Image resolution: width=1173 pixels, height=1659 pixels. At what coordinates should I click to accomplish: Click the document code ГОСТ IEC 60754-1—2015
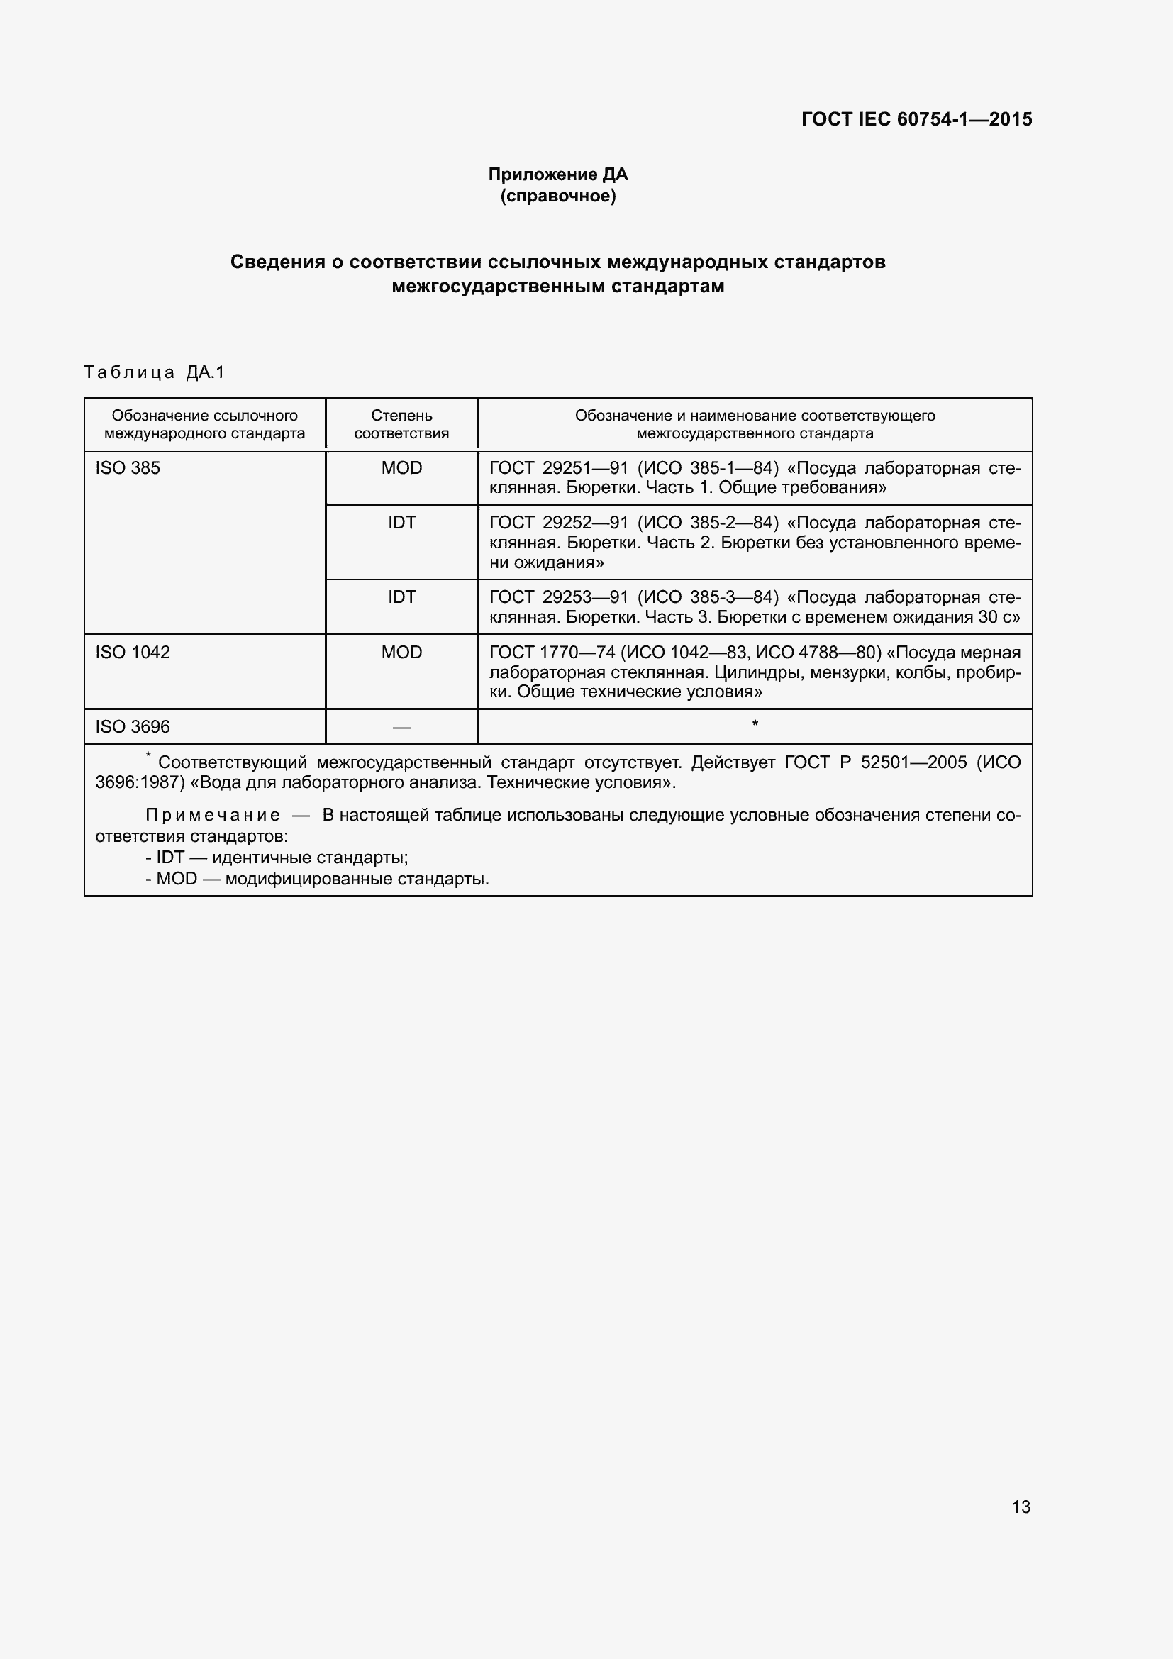point(916,119)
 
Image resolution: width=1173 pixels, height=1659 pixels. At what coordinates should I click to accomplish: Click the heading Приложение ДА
point(557,174)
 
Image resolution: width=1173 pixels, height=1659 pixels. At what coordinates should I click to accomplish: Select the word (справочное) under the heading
point(557,196)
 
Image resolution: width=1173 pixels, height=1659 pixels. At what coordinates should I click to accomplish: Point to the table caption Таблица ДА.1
point(155,372)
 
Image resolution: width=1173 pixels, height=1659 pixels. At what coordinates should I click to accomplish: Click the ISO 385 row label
point(128,468)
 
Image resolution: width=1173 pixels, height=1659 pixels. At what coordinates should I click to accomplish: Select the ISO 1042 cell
point(133,653)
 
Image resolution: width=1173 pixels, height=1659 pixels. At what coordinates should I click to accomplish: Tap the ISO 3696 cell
point(133,727)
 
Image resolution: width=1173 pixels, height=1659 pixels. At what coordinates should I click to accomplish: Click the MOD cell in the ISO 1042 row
point(401,653)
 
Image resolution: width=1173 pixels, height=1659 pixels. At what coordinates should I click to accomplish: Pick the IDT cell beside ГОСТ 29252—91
point(401,523)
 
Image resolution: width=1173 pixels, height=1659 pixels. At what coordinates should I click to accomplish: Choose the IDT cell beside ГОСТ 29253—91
point(401,597)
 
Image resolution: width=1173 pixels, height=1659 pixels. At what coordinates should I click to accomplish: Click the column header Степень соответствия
point(401,424)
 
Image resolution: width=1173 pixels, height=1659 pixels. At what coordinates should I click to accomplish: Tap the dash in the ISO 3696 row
point(401,728)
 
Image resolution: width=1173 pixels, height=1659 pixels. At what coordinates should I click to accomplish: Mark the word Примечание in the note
point(213,815)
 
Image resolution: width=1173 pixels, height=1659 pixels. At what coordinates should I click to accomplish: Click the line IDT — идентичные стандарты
point(277,858)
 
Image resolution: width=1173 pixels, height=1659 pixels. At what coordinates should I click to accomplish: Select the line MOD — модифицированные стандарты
point(318,880)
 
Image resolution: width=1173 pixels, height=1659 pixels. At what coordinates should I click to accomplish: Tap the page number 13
point(1021,1507)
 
